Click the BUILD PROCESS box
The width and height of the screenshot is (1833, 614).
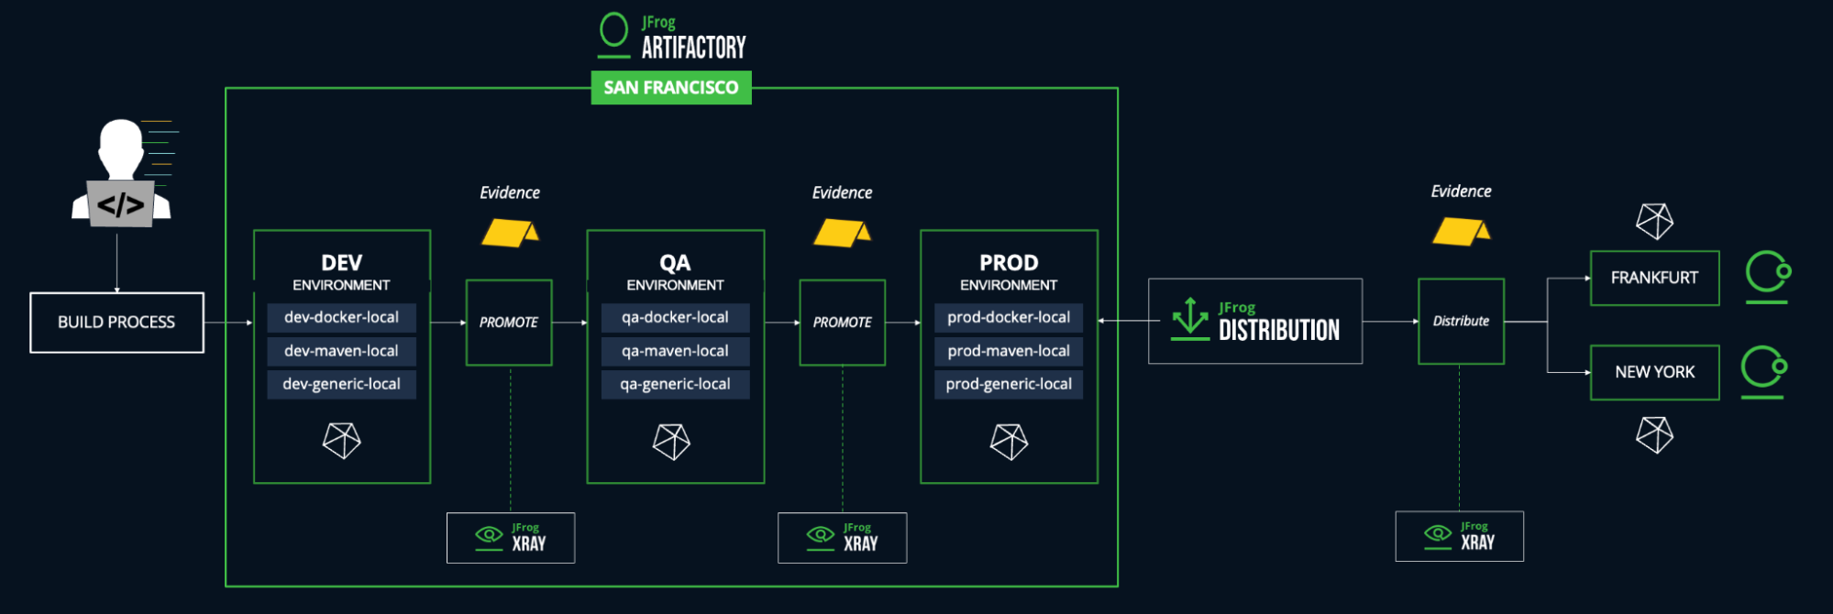116,323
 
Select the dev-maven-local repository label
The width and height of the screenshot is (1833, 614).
341,351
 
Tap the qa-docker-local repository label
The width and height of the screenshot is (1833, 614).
675,318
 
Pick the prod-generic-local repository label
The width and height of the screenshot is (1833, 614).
1009,384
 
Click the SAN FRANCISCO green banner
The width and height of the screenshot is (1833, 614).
671,88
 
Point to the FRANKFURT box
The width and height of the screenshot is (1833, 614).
1654,278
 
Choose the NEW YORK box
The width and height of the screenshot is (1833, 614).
1654,372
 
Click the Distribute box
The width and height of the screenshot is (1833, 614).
1461,322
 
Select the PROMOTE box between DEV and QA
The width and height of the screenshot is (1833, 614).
509,323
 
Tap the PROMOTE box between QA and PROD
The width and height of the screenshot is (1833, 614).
842,323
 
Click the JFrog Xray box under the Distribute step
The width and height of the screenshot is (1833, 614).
1459,536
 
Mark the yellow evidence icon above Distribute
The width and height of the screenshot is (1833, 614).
1461,231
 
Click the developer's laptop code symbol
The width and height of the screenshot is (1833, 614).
120,204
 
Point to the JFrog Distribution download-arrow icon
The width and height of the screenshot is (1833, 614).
1190,319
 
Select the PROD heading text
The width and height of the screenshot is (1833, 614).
1009,263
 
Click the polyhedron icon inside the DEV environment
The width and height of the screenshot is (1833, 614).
341,441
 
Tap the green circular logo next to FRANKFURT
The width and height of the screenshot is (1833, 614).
1767,275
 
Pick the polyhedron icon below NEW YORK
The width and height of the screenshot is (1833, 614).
1654,434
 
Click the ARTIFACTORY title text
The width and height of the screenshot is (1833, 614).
693,48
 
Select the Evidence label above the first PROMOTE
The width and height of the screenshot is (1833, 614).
510,193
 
